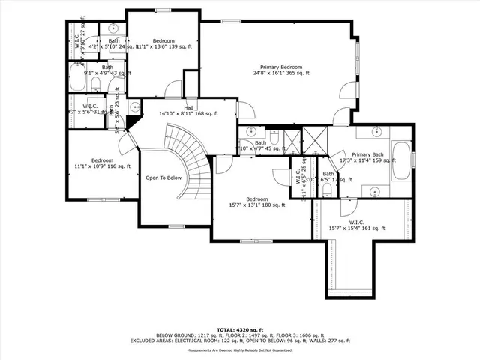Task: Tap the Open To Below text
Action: [163, 178]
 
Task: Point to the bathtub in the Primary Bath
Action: [400, 160]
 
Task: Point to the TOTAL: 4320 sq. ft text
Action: [240, 329]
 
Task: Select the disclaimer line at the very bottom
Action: [240, 350]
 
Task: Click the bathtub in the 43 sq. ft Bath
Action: [76, 79]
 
